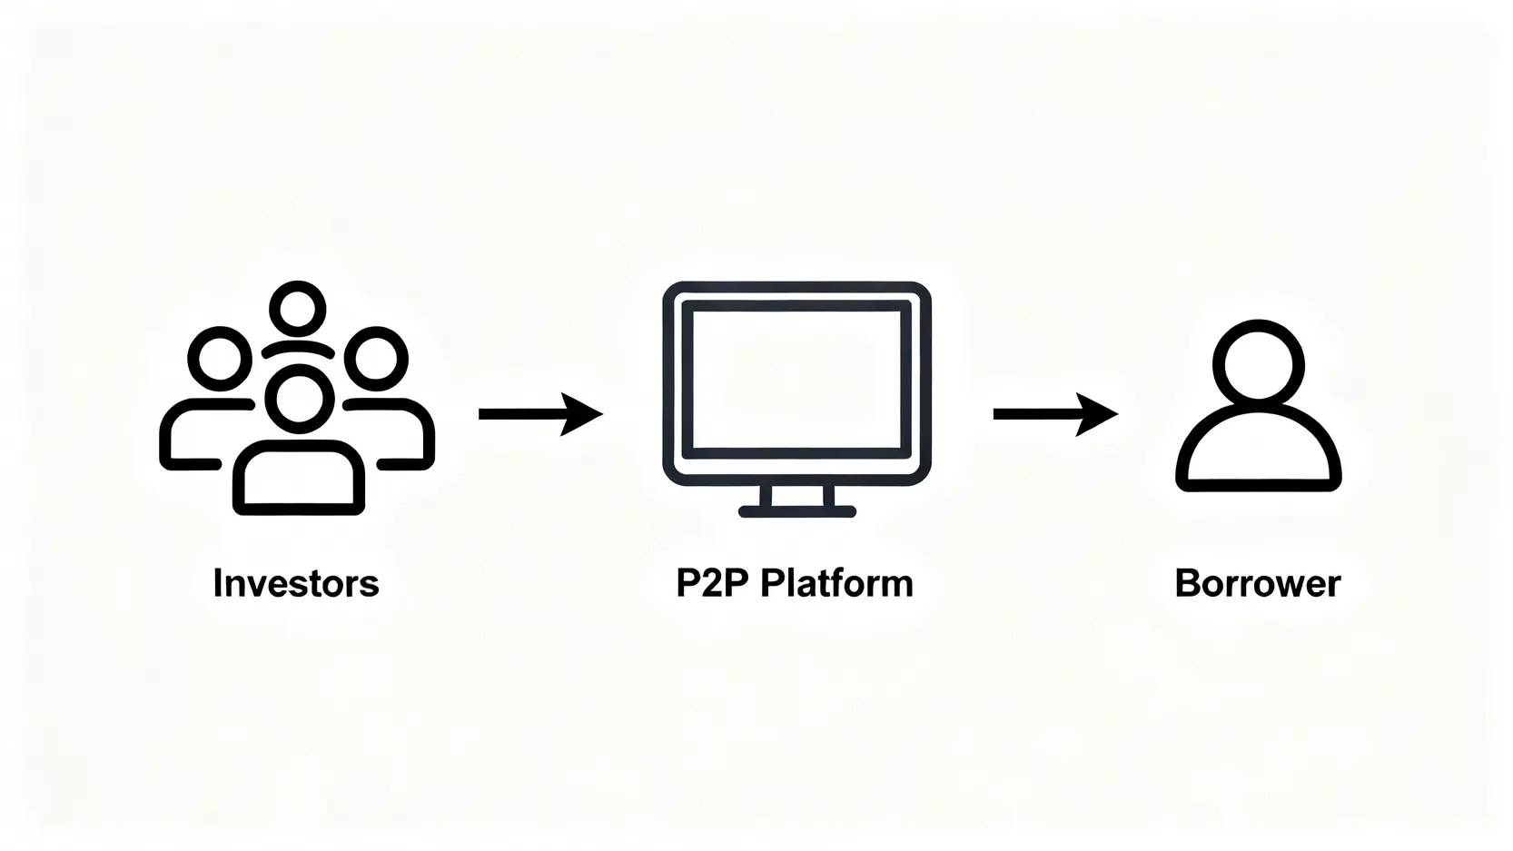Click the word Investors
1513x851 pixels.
pyautogui.click(x=296, y=583)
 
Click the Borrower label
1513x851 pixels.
pyautogui.click(x=1258, y=583)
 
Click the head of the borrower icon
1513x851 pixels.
pyautogui.click(x=1259, y=364)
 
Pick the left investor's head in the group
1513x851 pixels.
pyautogui.click(x=219, y=358)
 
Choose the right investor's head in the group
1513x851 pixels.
pyautogui.click(x=375, y=358)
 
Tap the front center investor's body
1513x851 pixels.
pyautogui.click(x=299, y=478)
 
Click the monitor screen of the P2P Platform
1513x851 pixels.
pyautogui.click(x=796, y=380)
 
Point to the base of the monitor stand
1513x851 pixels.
pyautogui.click(x=797, y=512)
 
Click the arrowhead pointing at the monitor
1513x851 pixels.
pyautogui.click(x=581, y=414)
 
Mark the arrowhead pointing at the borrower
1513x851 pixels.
pyautogui.click(x=1096, y=414)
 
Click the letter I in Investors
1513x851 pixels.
pyautogui.click(x=217, y=583)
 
